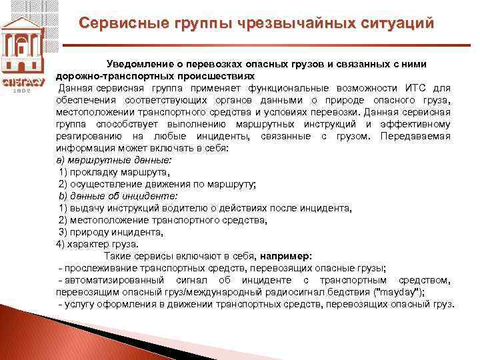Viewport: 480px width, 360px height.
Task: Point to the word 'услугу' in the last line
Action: point(79,304)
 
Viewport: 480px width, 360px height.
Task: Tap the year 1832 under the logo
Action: point(23,89)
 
